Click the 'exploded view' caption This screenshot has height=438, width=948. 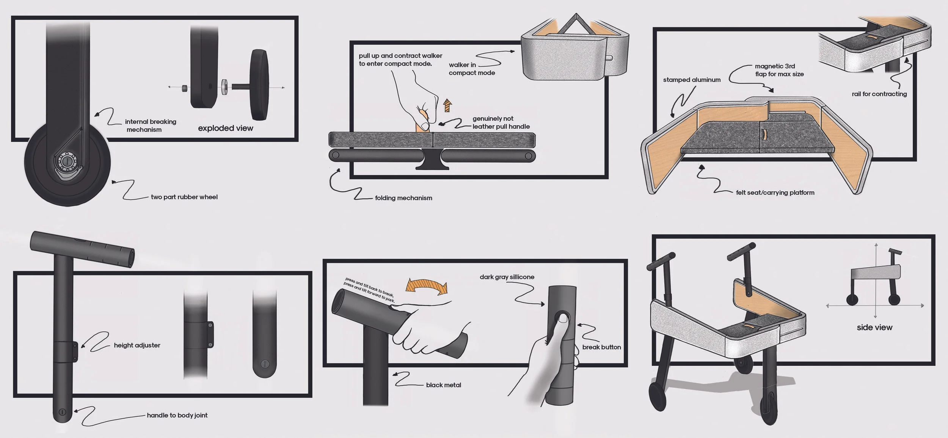pos(226,128)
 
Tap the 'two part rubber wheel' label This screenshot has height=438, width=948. pos(184,197)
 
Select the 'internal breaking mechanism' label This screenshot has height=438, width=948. pos(151,126)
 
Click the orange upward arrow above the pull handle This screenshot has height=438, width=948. pos(447,105)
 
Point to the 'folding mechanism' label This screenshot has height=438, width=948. pos(403,198)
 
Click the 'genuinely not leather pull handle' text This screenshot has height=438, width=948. pos(501,123)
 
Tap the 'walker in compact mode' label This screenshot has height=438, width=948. pos(472,69)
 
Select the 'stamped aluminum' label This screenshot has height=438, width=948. pos(692,80)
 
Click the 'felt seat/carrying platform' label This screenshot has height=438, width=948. pos(775,192)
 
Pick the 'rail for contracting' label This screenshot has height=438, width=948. pos(879,94)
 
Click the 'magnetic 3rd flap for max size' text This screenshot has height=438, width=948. pos(779,70)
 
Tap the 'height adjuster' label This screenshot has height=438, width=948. pos(137,345)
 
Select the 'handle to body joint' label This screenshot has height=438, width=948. pos(177,415)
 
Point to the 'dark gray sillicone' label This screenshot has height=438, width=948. pos(507,277)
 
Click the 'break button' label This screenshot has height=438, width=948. pos(601,347)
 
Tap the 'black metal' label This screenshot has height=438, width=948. pos(444,385)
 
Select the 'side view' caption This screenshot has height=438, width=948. pos(874,328)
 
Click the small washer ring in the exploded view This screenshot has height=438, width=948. pos(224,87)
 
